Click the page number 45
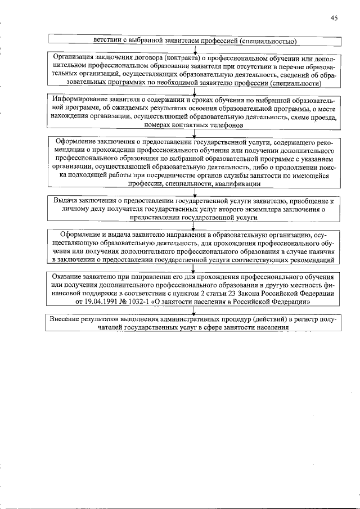pyautogui.click(x=334, y=18)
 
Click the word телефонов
pyautogui.click(x=223, y=125)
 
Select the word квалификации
pyautogui.click(x=237, y=184)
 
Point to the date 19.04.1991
pyautogui.click(x=95, y=302)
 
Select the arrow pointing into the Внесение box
pyautogui.click(x=194, y=311)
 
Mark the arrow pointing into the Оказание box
pyautogui.click(x=194, y=269)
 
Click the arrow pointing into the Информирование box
pyautogui.click(x=194, y=92)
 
